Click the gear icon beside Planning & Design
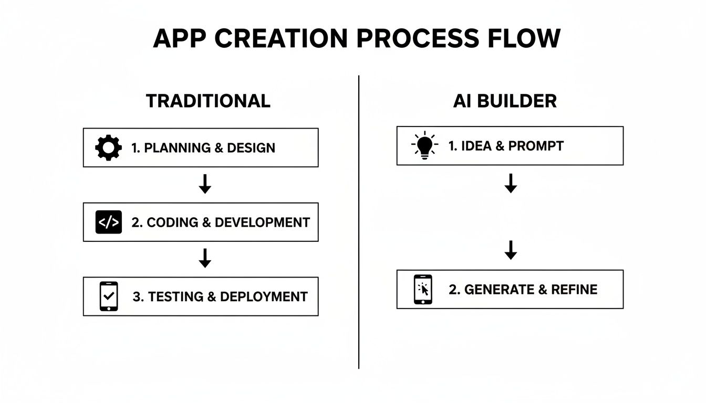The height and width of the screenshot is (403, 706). coord(108,148)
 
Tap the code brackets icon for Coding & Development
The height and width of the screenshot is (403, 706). coord(108,222)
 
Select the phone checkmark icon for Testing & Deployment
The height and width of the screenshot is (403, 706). coord(108,296)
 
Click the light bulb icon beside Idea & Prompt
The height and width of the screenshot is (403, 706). coord(424,145)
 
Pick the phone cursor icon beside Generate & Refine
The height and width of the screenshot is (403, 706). coord(423,289)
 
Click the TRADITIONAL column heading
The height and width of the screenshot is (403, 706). coord(208,101)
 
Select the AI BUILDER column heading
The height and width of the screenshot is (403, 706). coord(504,101)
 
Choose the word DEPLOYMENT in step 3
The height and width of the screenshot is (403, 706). coord(264,297)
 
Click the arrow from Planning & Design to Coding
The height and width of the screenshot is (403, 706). coord(205,184)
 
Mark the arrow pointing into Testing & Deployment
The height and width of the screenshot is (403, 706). coord(205,259)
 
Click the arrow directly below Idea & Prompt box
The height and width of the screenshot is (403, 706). coord(510,183)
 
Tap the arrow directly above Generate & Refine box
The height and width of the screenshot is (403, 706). coord(510,250)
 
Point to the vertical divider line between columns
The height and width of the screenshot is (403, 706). coord(359,220)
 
